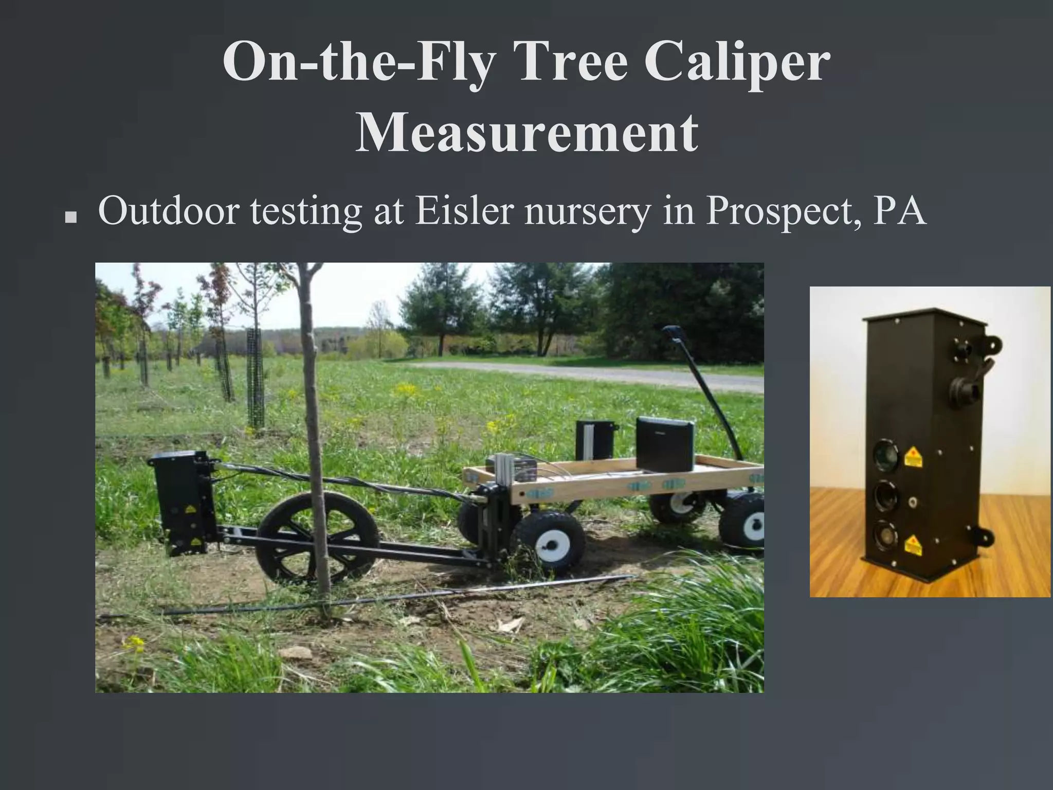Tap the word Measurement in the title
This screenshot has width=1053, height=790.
pyautogui.click(x=526, y=133)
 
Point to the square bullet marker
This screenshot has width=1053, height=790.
pyautogui.click(x=70, y=218)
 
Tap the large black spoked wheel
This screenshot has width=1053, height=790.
pyautogui.click(x=318, y=537)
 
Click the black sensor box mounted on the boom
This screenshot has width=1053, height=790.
pyautogui.click(x=185, y=501)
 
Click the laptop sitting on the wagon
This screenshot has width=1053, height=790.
pyautogui.click(x=664, y=444)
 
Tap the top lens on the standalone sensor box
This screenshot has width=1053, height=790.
pyautogui.click(x=885, y=455)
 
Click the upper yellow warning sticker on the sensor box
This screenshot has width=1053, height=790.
pyautogui.click(x=913, y=457)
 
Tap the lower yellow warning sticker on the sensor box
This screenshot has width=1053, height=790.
pyautogui.click(x=913, y=545)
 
